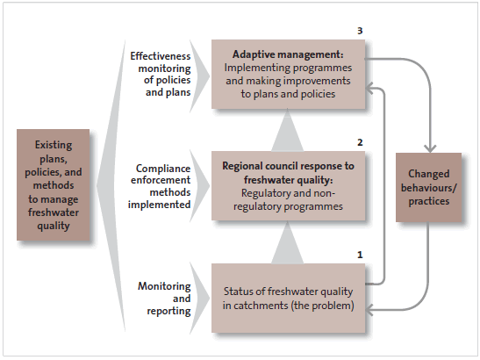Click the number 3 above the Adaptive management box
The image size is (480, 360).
click(x=360, y=31)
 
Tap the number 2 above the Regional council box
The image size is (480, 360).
click(x=360, y=142)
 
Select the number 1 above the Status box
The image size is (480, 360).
click(x=360, y=255)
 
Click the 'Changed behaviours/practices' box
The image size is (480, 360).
click(x=428, y=187)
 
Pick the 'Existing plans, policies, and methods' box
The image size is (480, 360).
click(x=54, y=184)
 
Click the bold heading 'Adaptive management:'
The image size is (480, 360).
click(x=288, y=54)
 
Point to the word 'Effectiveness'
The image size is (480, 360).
click(x=161, y=56)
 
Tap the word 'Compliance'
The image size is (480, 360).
click(x=163, y=169)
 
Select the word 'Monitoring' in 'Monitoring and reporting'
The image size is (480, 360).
click(x=164, y=286)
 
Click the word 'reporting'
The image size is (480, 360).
click(x=168, y=311)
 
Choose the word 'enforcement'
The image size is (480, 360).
click(x=161, y=180)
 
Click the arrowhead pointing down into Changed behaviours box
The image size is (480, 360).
click(x=430, y=148)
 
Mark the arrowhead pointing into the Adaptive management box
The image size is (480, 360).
click(x=369, y=89)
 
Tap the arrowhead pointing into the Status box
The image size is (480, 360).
click(x=369, y=310)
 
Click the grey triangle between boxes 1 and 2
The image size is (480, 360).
click(x=288, y=242)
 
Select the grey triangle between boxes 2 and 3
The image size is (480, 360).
click(x=288, y=130)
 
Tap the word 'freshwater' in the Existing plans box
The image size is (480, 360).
click(x=54, y=212)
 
